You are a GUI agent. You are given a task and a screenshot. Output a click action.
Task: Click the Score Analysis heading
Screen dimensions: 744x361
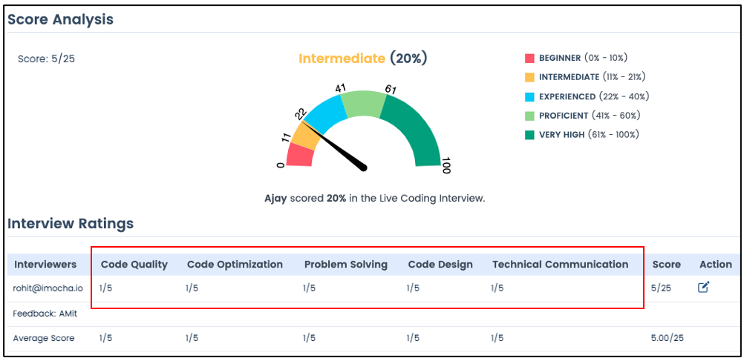pyautogui.click(x=60, y=19)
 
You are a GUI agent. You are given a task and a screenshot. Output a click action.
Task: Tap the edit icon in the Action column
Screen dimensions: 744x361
pyautogui.click(x=703, y=287)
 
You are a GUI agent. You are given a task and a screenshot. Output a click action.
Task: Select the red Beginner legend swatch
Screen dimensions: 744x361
pyautogui.click(x=529, y=59)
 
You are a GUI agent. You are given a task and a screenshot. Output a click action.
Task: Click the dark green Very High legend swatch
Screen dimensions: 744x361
pyautogui.click(x=529, y=135)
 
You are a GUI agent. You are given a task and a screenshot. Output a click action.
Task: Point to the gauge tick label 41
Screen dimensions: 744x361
pyautogui.click(x=340, y=87)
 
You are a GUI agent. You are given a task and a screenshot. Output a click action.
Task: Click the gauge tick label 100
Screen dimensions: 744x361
pyautogui.click(x=445, y=166)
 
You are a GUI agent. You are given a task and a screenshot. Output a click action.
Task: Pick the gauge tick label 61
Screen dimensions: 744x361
pyautogui.click(x=391, y=89)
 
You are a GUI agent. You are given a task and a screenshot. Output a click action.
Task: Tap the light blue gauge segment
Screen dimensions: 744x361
pyautogui.click(x=324, y=113)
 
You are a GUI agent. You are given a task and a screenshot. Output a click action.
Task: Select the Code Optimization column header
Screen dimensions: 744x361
pyautogui.click(x=235, y=265)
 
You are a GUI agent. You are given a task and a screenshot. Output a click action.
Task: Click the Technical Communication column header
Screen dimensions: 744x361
pyautogui.click(x=560, y=265)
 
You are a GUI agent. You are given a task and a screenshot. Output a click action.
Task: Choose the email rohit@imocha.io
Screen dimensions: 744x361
pyautogui.click(x=48, y=288)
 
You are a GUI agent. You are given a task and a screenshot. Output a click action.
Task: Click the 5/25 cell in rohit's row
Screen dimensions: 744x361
pyautogui.click(x=662, y=288)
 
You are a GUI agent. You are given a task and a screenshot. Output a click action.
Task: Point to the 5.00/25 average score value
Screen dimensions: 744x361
pyautogui.click(x=668, y=338)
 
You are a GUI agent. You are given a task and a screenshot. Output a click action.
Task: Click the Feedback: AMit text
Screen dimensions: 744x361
pyautogui.click(x=39, y=314)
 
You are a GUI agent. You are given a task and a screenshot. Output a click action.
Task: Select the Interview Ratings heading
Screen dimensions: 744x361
pyautogui.click(x=71, y=224)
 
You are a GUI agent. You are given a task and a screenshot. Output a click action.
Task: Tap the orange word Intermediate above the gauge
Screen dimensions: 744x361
pyautogui.click(x=342, y=59)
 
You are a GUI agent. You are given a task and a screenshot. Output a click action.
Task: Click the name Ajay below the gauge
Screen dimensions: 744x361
pyautogui.click(x=275, y=199)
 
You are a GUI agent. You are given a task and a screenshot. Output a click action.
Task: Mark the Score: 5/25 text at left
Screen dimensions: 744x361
pyautogui.click(x=46, y=59)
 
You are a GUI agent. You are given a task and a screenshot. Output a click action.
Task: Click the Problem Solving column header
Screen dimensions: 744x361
pyautogui.click(x=346, y=265)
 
